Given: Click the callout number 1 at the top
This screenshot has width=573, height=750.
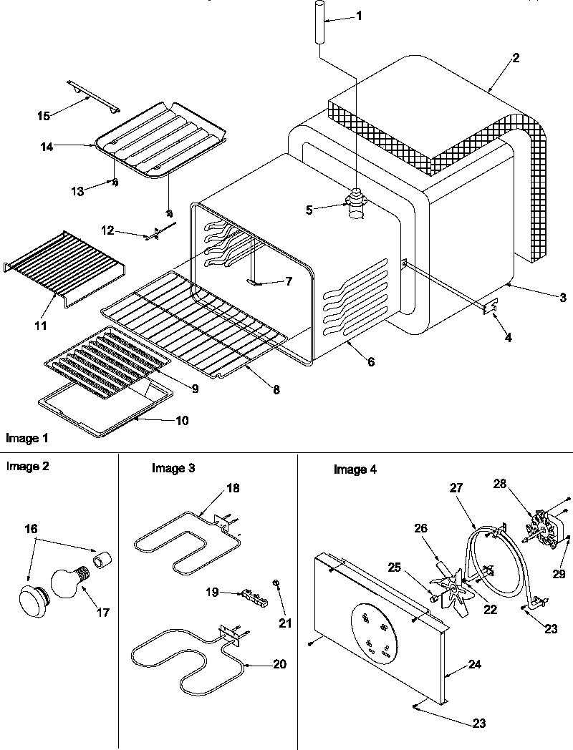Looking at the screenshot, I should [x=360, y=16].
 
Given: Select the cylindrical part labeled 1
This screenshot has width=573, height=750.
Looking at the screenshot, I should [x=319, y=23].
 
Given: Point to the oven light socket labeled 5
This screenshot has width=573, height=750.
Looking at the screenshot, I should [x=356, y=204].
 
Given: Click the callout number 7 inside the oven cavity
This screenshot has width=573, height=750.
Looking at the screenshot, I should [x=288, y=281].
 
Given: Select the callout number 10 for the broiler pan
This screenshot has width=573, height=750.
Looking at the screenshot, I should [x=182, y=420].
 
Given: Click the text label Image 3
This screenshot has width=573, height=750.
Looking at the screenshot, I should [x=173, y=469].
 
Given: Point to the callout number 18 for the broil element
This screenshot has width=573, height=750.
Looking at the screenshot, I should [x=233, y=488].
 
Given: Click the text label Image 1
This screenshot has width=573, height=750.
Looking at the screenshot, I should [x=27, y=437].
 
